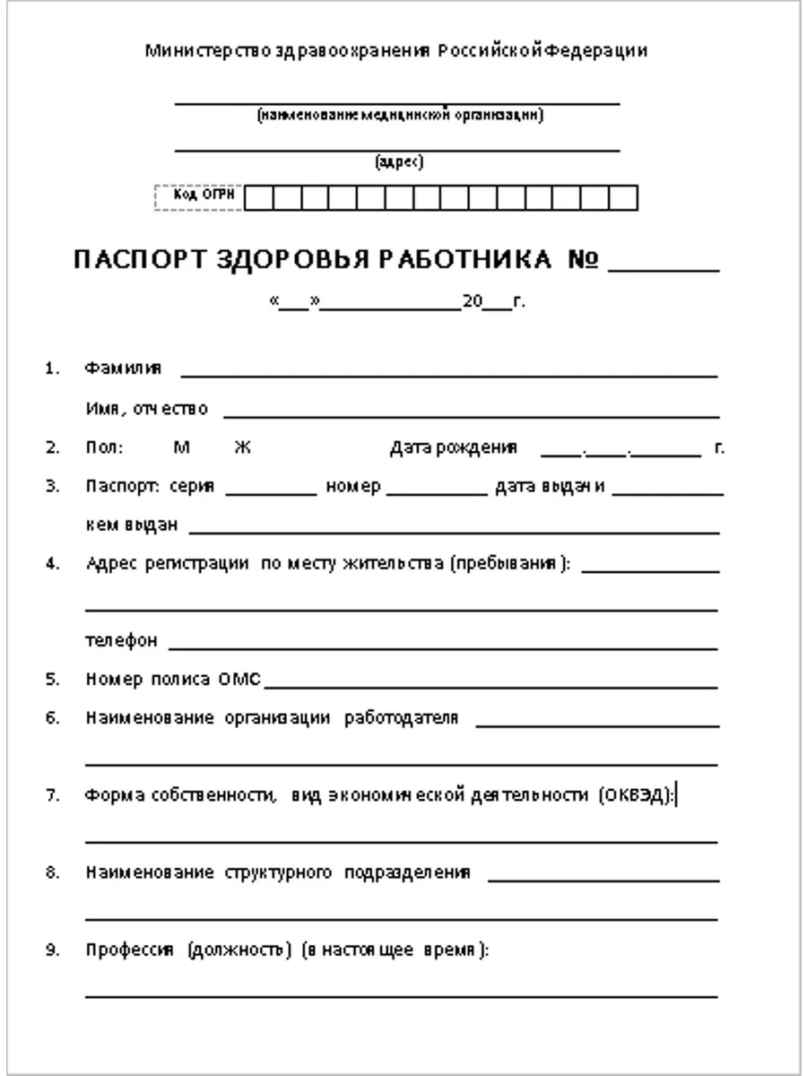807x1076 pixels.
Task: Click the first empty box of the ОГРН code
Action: click(258, 197)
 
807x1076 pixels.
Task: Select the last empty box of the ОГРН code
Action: click(624, 197)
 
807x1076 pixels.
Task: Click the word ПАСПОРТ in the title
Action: click(141, 260)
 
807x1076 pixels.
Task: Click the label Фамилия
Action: click(124, 368)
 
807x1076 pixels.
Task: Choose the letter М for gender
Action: click(181, 447)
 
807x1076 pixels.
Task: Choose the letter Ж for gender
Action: click(242, 447)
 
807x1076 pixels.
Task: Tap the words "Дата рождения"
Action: click(453, 447)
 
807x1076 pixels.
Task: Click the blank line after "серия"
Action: click(271, 490)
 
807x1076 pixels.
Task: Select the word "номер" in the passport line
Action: click(353, 487)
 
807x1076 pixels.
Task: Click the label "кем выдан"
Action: click(132, 525)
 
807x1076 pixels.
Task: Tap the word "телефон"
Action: click(122, 641)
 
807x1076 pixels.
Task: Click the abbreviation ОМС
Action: click(239, 680)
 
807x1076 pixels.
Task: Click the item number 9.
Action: click(52, 950)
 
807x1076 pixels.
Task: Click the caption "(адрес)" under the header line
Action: click(399, 162)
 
